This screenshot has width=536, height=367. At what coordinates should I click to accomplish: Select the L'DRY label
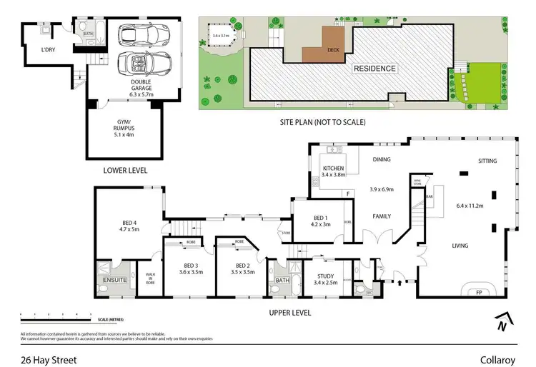pos(48,49)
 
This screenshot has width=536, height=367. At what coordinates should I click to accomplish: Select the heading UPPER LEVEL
pos(289,312)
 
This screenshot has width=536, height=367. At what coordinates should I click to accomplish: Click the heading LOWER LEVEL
pos(125,171)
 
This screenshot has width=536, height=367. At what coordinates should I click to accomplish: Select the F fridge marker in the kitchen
pos(347,193)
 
